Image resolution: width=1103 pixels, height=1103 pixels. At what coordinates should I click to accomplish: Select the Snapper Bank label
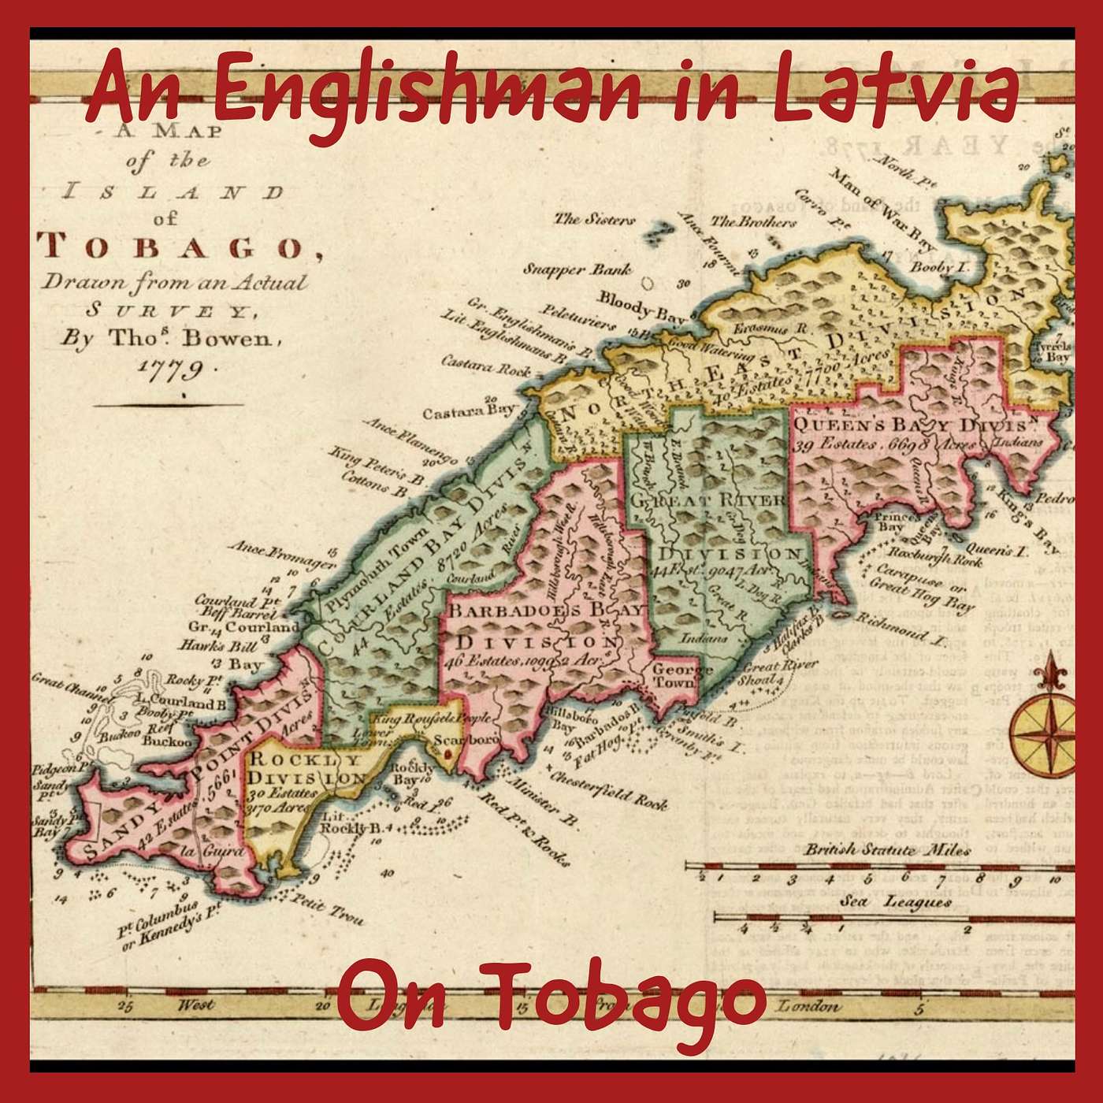click(577, 269)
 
